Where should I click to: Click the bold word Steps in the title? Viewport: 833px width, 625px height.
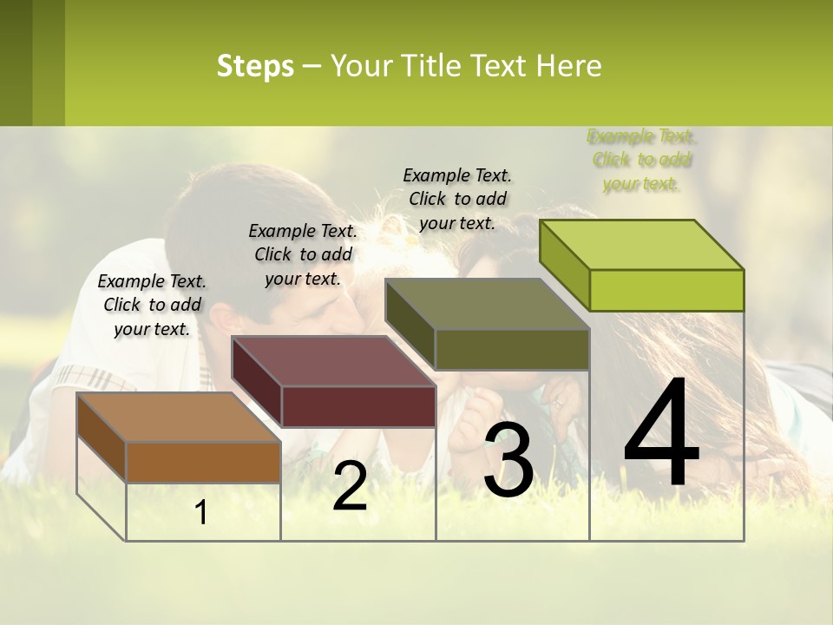pos(255,66)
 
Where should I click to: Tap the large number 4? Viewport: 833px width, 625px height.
pos(661,434)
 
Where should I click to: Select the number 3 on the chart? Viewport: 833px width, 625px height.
pos(508,460)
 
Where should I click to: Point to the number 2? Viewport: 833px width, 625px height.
pos(350,486)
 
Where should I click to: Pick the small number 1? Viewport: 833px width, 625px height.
pos(201,513)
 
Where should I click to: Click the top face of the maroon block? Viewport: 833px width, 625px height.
pos(333,361)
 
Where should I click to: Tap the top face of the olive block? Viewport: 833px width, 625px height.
pos(488,304)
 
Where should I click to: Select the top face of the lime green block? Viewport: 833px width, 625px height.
pos(642,245)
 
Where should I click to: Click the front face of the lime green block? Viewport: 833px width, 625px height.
pos(666,290)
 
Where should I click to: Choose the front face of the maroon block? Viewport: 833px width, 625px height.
pos(358,406)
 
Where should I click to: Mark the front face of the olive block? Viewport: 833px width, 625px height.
pos(512,349)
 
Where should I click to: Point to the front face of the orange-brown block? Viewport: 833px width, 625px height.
pos(203,462)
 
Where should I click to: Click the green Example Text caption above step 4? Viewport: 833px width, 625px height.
pos(641,160)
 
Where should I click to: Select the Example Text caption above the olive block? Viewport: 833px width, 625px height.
pos(458,199)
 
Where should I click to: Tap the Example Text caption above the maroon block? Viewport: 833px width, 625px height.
pos(303,254)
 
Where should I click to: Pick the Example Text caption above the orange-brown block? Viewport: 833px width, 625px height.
pos(152,305)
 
